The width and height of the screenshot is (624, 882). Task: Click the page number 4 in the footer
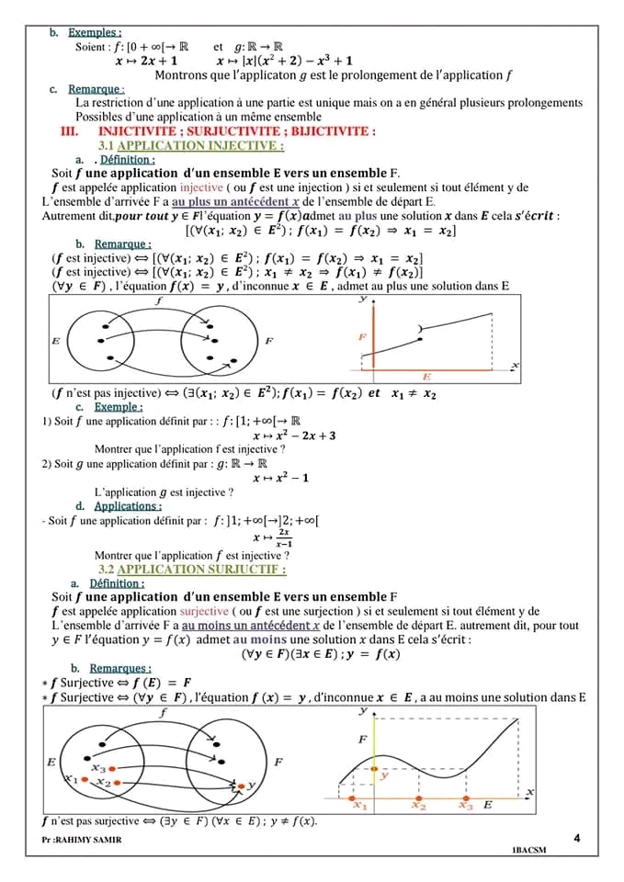click(x=576, y=838)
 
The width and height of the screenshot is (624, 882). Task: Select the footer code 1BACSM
click(x=528, y=850)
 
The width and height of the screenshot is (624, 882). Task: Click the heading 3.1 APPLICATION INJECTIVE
click(x=190, y=145)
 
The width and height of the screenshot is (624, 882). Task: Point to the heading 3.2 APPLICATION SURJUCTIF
click(x=192, y=570)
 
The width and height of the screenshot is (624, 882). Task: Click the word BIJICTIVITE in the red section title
click(x=335, y=131)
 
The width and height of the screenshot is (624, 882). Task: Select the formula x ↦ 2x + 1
click(x=146, y=61)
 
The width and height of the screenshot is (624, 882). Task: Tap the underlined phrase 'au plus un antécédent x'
click(x=236, y=201)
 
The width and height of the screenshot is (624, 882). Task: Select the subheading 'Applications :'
click(x=128, y=505)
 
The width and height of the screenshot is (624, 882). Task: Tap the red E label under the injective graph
click(x=426, y=377)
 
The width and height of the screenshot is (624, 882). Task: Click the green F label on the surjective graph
click(x=362, y=740)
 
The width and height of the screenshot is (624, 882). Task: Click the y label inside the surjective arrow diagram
click(x=251, y=786)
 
